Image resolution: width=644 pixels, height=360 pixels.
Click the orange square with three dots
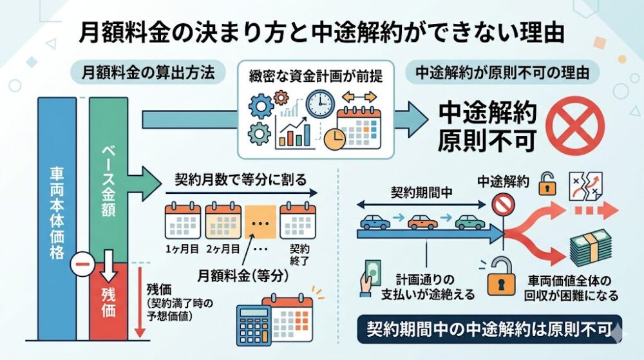click(261, 223)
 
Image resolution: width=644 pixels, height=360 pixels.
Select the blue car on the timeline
click(375, 222)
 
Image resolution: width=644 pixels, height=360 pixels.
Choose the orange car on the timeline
click(422, 222)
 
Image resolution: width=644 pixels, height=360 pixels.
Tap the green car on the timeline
click(469, 222)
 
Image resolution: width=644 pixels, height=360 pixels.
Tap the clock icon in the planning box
click(320, 104)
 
